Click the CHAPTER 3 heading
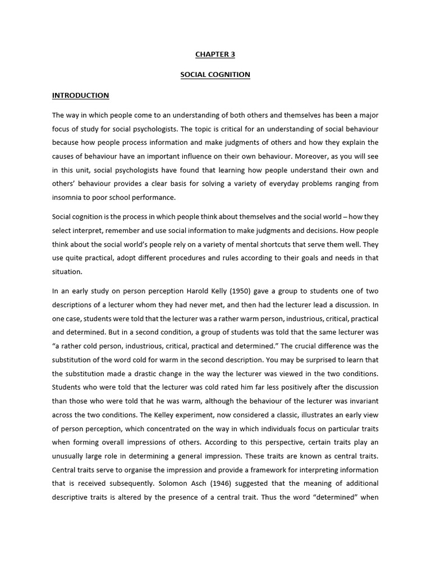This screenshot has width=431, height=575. (215, 54)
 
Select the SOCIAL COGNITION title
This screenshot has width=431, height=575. (215, 75)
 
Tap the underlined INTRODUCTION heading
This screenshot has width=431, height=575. (80, 95)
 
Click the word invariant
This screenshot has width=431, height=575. (361, 400)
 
